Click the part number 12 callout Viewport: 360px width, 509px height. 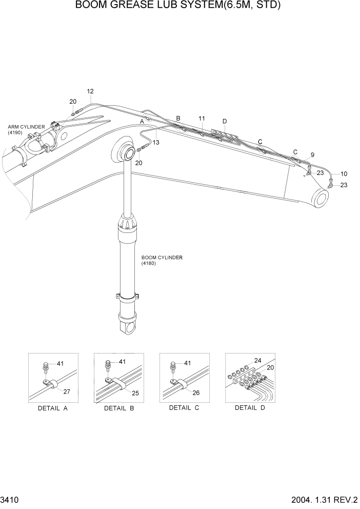[90, 92]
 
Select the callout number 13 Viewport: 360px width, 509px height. [156, 142]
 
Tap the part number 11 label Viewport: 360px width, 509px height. [202, 119]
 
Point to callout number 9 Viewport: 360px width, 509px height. [312, 154]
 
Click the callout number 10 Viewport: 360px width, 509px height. [344, 174]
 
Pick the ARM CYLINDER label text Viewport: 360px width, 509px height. [26, 127]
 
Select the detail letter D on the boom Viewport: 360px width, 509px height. [225, 121]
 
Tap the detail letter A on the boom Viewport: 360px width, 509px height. [142, 122]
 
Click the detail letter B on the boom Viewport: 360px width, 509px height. [178, 119]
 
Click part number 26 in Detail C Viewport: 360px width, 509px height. [197, 393]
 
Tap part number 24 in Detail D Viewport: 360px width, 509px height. [257, 360]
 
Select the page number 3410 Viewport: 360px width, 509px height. [10, 499]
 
